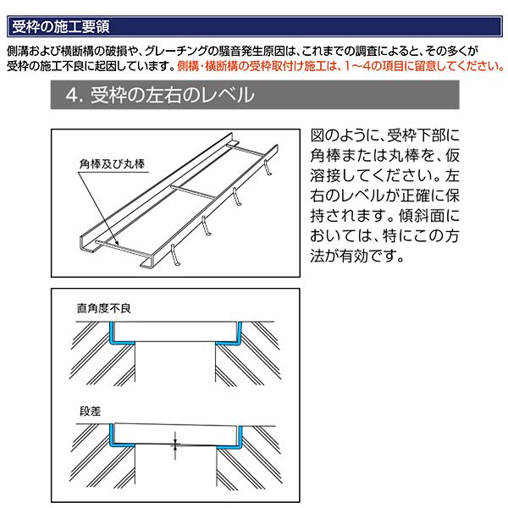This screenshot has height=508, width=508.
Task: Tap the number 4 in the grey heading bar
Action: [70, 95]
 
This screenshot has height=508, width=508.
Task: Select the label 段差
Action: [88, 411]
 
